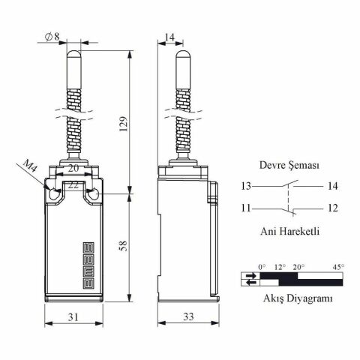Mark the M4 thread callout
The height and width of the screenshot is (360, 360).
(x=29, y=166)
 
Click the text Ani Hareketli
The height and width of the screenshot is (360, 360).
(x=289, y=231)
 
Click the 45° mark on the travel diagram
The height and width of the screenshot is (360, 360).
(x=338, y=266)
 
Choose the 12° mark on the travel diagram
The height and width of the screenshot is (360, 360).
(x=280, y=266)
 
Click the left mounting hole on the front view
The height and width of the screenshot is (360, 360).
(x=53, y=195)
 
